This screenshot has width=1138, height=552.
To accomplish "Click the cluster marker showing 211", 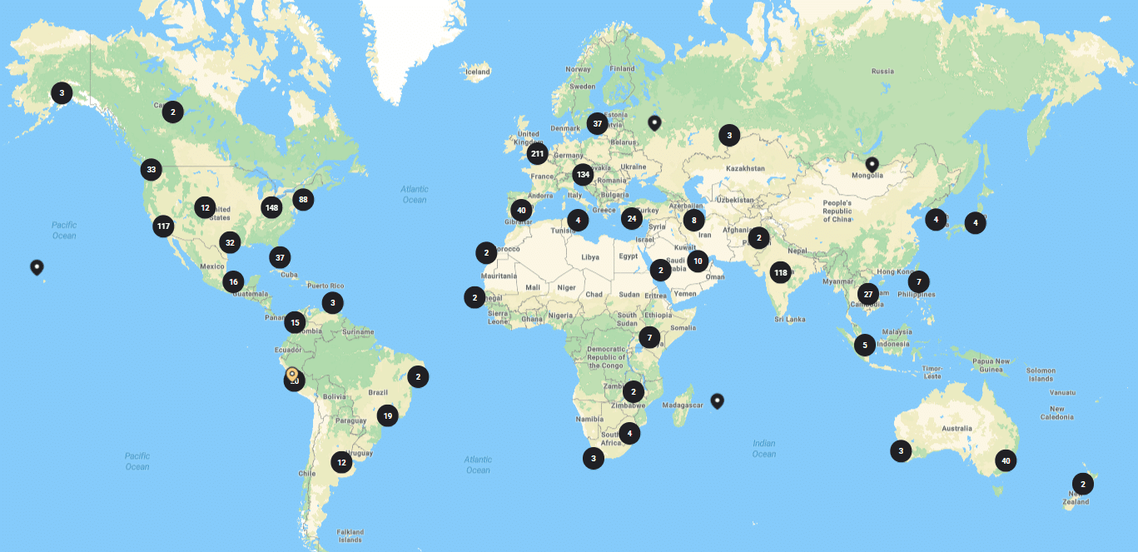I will click(x=537, y=154).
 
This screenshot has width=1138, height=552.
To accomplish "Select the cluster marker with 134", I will click(x=583, y=175).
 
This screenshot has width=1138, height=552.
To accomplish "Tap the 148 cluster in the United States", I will click(x=271, y=207).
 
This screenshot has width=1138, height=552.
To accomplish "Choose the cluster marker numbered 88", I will click(x=303, y=199).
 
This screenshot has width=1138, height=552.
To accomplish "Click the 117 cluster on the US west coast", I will click(x=163, y=226).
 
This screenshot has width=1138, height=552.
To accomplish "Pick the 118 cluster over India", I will click(x=780, y=272).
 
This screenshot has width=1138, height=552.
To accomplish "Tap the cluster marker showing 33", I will click(x=151, y=170).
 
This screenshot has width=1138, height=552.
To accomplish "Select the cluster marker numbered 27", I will click(x=868, y=294).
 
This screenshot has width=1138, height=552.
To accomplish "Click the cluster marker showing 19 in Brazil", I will click(x=387, y=415).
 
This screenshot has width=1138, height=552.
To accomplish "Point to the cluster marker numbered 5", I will click(x=865, y=345).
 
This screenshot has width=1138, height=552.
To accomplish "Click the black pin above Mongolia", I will click(x=872, y=164).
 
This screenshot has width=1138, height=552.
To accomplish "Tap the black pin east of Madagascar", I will click(x=717, y=400).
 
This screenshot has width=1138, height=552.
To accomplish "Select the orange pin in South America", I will click(x=292, y=374).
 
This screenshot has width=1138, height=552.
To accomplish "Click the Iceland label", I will click(x=478, y=72).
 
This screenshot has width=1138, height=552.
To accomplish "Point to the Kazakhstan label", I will click(x=745, y=168).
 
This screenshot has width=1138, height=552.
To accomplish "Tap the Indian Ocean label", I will click(x=763, y=449).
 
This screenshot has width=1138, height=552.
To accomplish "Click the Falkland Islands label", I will click(x=350, y=535).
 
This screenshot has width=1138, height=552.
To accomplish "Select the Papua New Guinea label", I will click(x=991, y=366).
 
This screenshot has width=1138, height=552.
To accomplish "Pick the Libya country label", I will click(x=590, y=257).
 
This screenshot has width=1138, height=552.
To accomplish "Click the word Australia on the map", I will click(x=957, y=429).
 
